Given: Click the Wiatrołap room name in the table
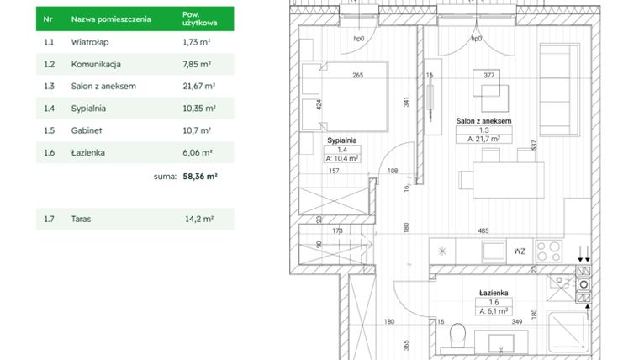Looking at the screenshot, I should click(x=87, y=41).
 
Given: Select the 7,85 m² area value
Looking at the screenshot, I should click(x=197, y=63).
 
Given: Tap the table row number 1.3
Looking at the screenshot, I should click(x=49, y=86).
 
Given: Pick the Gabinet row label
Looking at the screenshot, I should click(x=86, y=130).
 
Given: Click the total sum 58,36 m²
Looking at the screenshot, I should click(x=200, y=177).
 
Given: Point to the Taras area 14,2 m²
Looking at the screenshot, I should click(x=198, y=219).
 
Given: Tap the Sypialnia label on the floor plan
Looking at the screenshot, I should click(x=342, y=140).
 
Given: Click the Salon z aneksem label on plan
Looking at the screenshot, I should click(x=483, y=121).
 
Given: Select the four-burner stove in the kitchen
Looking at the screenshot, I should click(x=551, y=251).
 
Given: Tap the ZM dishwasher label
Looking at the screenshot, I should click(x=519, y=251).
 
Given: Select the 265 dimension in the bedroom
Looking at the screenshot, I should click(x=357, y=76).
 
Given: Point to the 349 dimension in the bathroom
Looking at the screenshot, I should click(x=517, y=321).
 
